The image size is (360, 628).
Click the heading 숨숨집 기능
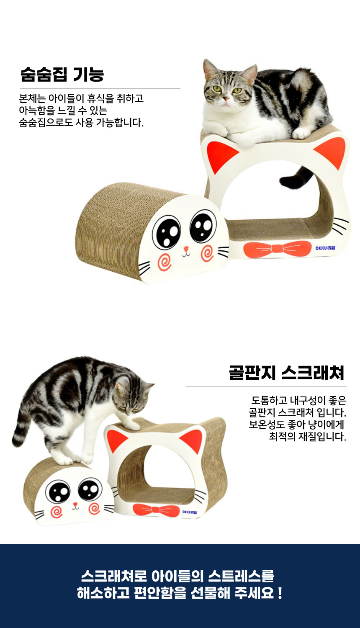(x=62, y=74)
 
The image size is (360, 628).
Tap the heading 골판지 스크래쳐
(x=287, y=373)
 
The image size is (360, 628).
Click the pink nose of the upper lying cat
(x=226, y=98)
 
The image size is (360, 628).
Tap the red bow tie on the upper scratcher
(x=277, y=249)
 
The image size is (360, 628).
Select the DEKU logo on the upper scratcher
(x=326, y=248)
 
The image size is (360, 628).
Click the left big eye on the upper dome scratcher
(x=167, y=232)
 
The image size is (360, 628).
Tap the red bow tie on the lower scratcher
(x=156, y=510)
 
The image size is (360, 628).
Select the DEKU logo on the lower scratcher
(x=190, y=512)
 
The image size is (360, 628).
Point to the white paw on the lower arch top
(x=131, y=425)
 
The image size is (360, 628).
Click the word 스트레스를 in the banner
(x=241, y=576)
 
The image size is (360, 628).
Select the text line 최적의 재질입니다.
(x=308, y=436)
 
